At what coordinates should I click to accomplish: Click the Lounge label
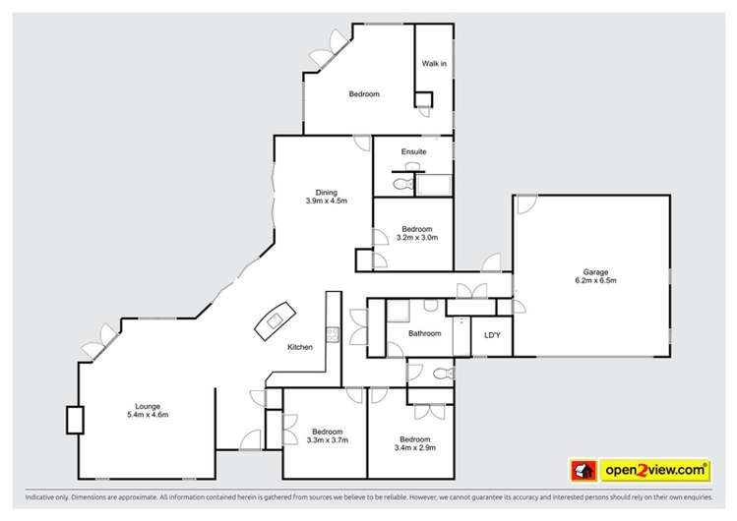[x=149, y=406]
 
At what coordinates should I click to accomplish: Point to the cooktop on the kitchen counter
[x=332, y=335]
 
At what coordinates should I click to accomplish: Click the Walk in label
[x=434, y=64]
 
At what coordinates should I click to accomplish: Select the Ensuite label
[x=413, y=152]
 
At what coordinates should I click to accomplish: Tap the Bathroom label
[x=424, y=333]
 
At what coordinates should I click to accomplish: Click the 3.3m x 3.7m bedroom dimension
[x=327, y=440]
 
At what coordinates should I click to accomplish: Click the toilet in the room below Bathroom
[x=440, y=374]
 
